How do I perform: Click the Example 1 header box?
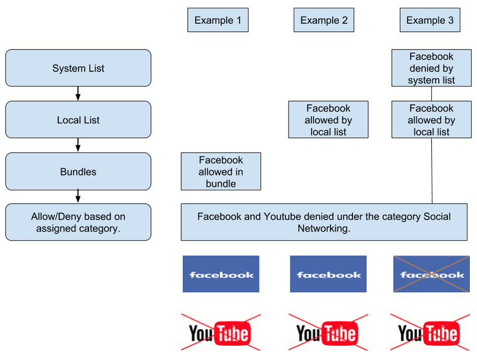click(218, 20)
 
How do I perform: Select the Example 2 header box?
click(324, 20)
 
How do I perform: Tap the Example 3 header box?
click(430, 20)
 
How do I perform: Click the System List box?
click(78, 68)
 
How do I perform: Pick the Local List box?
click(78, 120)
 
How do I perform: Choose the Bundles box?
click(78, 172)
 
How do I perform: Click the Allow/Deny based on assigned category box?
click(78, 223)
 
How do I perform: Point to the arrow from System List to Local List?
click(78, 94)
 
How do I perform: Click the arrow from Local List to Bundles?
click(78, 146)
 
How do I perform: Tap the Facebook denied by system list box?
click(431, 68)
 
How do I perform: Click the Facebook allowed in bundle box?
click(221, 172)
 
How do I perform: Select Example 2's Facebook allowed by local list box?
click(328, 120)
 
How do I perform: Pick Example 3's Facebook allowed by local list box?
click(431, 120)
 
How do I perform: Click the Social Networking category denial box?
click(324, 223)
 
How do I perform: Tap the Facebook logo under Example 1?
click(221, 275)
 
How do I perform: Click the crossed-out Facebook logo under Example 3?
click(431, 275)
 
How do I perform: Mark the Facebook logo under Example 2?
click(328, 275)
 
